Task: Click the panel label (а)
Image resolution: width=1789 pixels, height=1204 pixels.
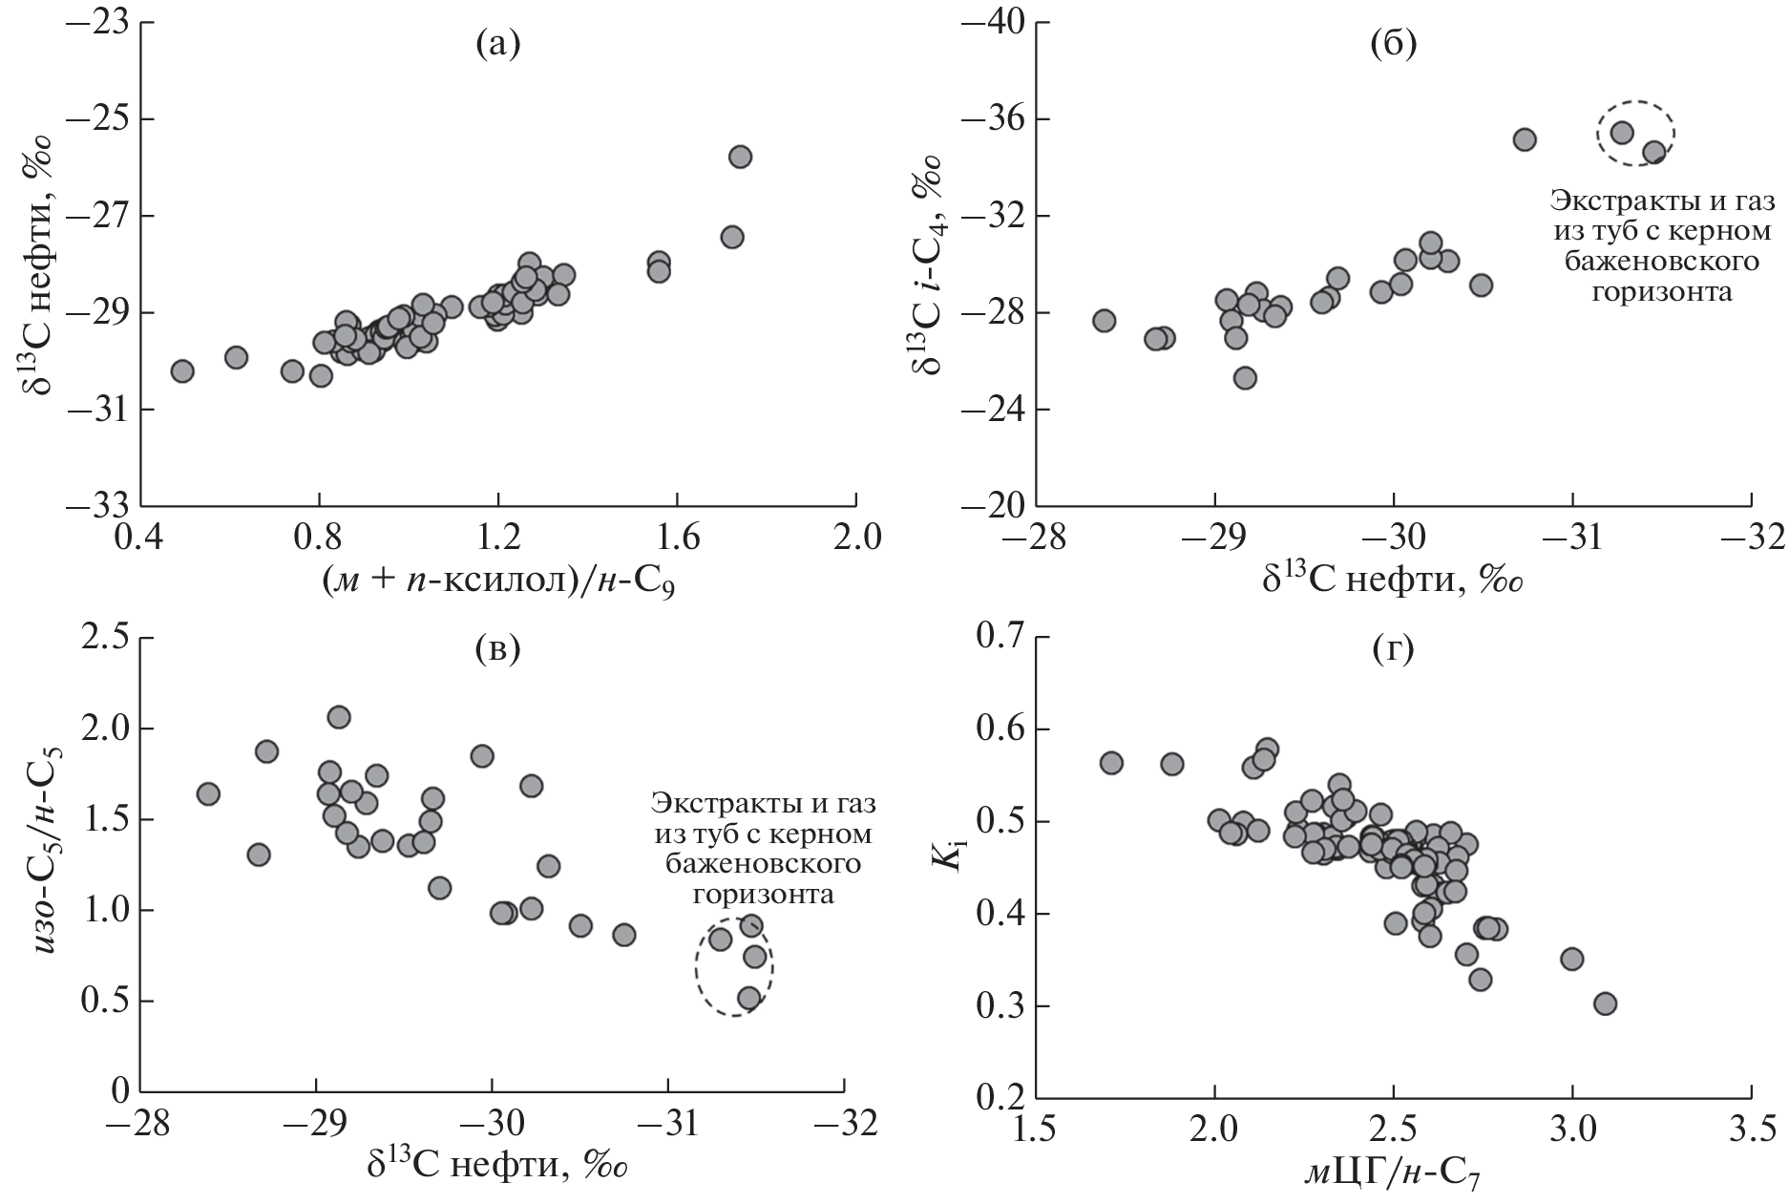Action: click(497, 44)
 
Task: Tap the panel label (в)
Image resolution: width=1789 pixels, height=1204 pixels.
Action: click(497, 650)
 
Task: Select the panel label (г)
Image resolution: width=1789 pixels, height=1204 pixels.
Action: click(1393, 650)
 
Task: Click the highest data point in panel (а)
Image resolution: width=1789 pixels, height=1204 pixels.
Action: click(740, 157)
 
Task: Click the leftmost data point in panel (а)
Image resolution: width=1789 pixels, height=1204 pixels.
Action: click(182, 370)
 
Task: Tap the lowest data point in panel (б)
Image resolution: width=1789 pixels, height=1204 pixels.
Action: click(1245, 378)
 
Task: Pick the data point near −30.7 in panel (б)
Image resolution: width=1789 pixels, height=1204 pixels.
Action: click(1525, 139)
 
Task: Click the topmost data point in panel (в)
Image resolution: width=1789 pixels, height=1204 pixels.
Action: click(339, 717)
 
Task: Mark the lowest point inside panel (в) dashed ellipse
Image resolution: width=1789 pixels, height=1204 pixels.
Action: click(749, 998)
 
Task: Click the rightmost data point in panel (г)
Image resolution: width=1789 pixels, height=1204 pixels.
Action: click(1605, 1003)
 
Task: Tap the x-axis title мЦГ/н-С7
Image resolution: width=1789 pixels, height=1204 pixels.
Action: click(1393, 1171)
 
